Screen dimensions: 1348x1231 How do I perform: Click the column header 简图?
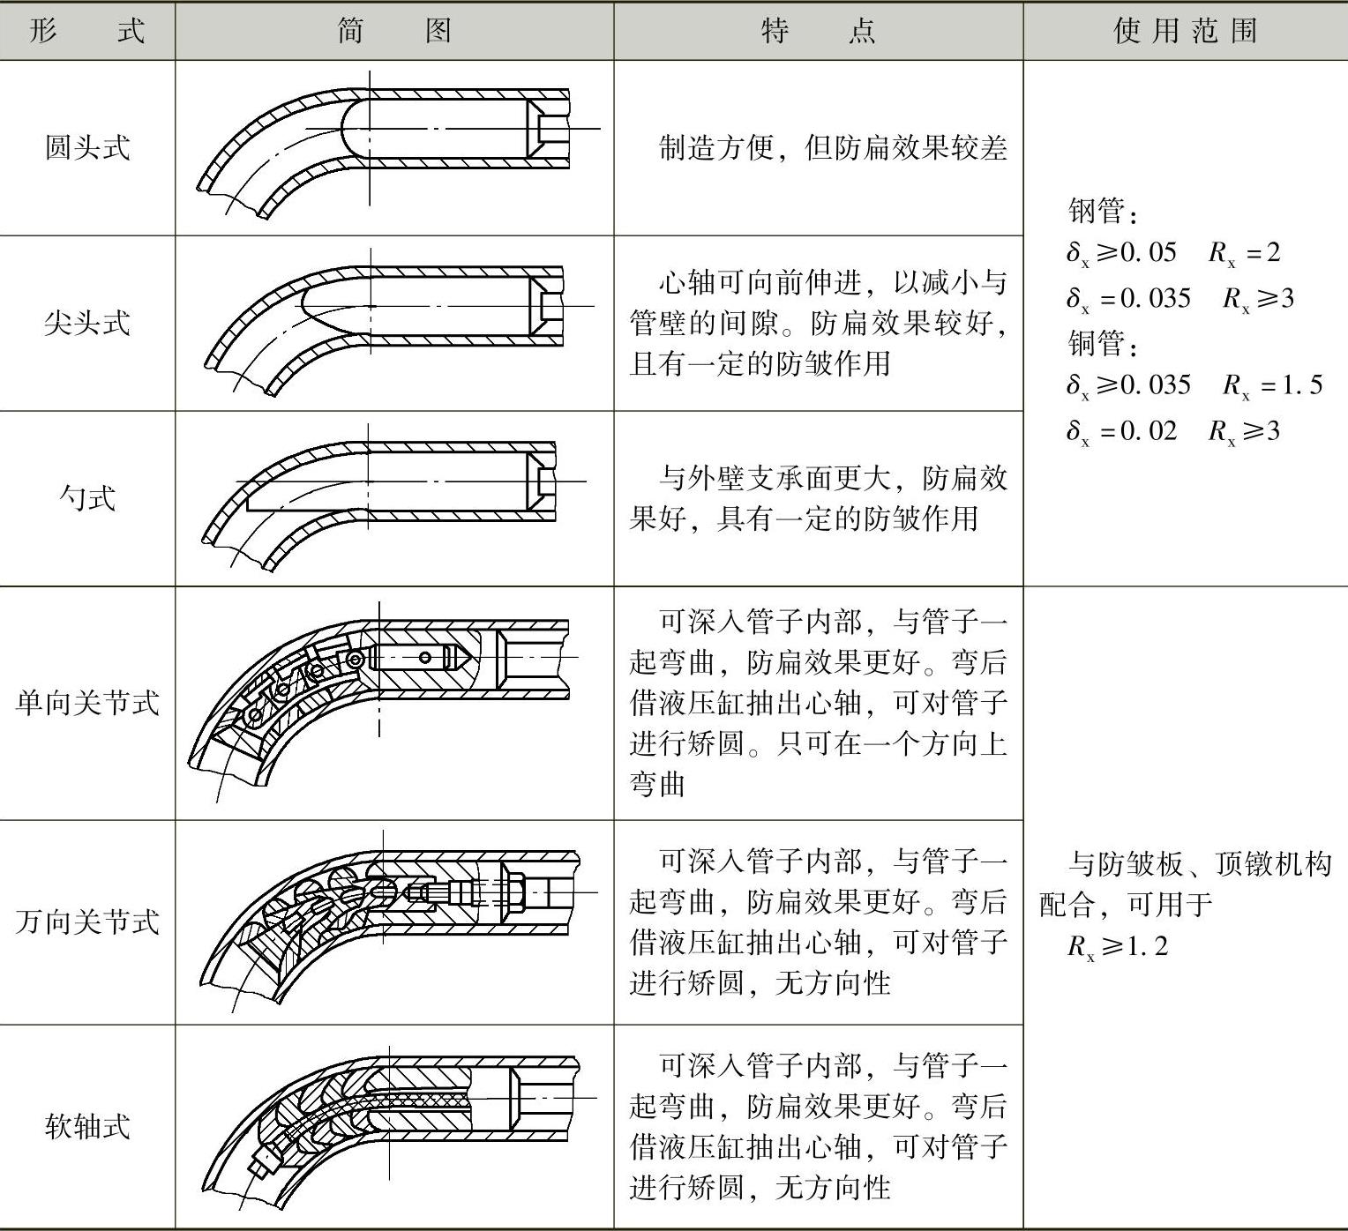394,31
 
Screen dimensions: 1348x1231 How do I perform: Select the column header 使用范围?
1185,31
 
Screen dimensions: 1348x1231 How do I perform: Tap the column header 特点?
818,31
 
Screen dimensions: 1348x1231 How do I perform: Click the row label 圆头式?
87,147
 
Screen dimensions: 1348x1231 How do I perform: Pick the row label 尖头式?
87,323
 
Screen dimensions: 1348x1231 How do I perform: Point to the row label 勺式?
87,498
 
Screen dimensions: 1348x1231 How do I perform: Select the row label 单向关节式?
87,703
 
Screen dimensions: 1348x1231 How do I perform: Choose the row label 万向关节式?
87,922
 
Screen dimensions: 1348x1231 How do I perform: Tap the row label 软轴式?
87,1126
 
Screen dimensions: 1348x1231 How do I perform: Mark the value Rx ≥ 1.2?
1118,947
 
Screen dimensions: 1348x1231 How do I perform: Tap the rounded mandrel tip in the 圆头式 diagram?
348,129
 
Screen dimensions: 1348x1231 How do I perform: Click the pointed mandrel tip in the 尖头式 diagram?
309,305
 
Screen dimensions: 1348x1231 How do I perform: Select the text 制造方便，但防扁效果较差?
832,148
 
